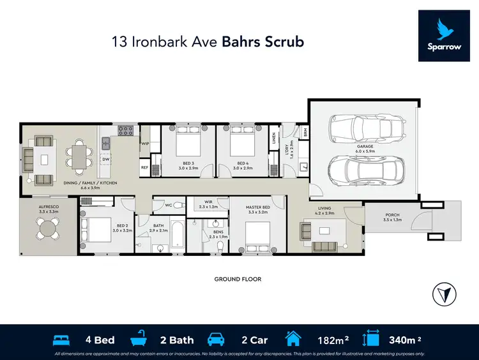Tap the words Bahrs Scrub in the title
click(263, 42)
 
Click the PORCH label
click(392, 215)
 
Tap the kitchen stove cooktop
click(125, 133)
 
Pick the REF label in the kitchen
click(144, 167)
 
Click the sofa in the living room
click(324, 246)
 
